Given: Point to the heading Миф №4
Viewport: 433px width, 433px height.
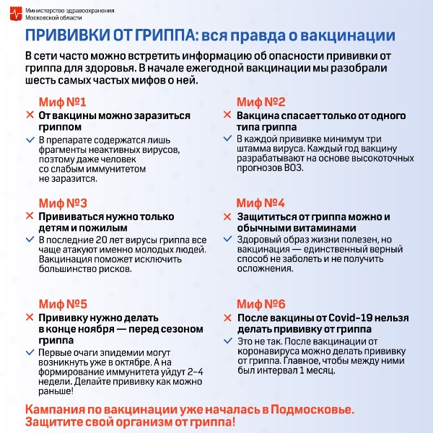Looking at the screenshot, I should pyautogui.click(x=261, y=203).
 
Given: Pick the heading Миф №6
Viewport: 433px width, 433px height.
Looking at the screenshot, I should pyautogui.click(x=261, y=304).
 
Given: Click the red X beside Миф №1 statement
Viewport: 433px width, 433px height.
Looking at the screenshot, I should pyautogui.click(x=30, y=115).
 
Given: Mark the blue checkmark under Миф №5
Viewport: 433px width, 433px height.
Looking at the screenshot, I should pyautogui.click(x=30, y=352).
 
